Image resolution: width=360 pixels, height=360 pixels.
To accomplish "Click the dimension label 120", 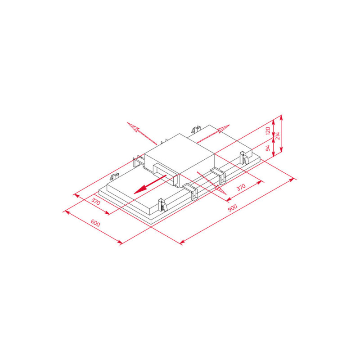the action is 268,130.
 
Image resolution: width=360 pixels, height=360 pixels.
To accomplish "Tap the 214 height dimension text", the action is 278,136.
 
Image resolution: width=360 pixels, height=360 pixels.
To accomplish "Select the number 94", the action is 268,148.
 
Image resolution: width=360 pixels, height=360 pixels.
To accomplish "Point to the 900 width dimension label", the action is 232,208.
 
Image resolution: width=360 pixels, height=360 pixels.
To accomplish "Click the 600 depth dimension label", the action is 95,223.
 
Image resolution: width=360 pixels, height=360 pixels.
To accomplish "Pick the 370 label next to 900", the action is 241,187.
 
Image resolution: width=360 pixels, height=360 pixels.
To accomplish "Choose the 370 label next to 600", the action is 96,201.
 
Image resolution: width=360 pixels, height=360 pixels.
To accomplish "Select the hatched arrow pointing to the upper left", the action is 142,133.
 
